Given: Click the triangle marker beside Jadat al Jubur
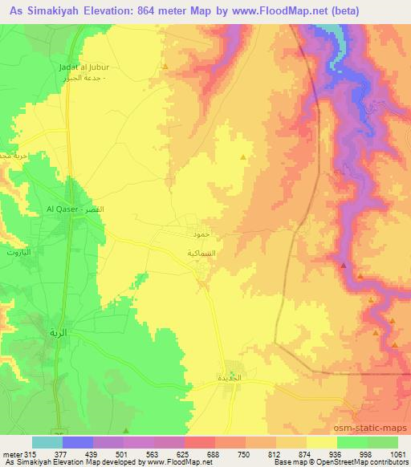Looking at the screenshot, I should click(x=165, y=67).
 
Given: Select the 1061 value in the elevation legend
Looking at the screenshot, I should click(x=398, y=453).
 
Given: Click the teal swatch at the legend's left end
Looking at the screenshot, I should click(x=47, y=442).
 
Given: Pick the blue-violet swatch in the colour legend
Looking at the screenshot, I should click(x=78, y=442).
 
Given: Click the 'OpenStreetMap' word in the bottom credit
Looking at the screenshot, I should click(x=353, y=463).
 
